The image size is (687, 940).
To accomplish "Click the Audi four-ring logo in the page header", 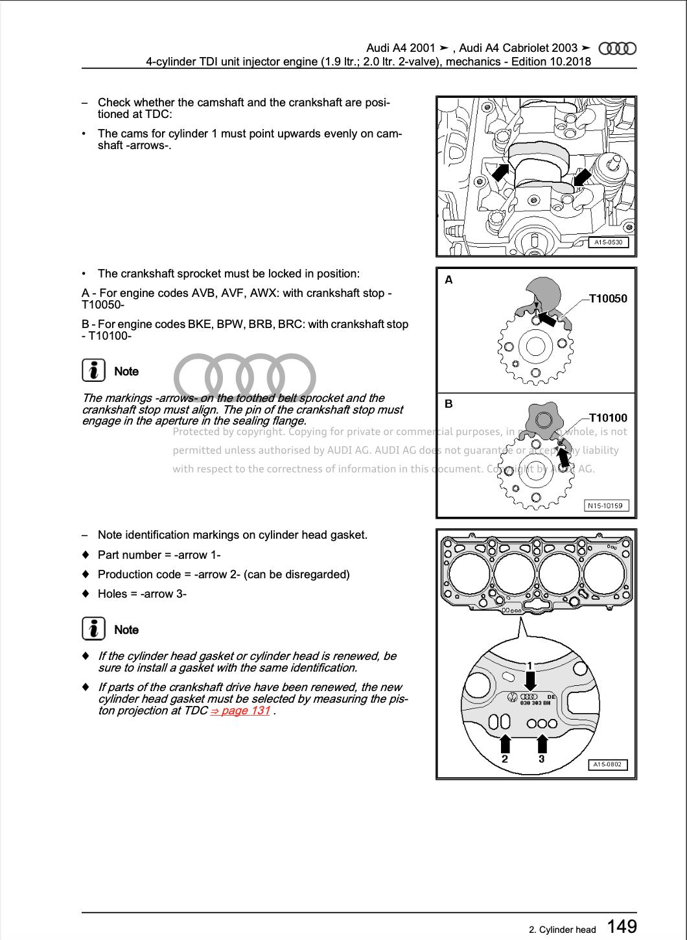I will [x=617, y=49].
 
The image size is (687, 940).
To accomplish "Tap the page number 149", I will [x=622, y=926].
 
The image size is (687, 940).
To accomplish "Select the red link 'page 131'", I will [x=240, y=711].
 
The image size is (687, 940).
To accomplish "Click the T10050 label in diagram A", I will [x=608, y=299].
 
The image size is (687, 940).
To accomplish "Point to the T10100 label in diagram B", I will [x=608, y=418].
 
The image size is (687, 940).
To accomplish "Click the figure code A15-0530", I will [x=608, y=243].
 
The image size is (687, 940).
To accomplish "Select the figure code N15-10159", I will [x=607, y=506].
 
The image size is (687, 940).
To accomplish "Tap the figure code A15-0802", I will [x=608, y=764].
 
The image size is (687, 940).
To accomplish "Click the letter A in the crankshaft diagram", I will [x=448, y=280].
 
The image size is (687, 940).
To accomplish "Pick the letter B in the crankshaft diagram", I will [x=448, y=404].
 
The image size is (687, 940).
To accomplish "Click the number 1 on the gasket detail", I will [x=530, y=666].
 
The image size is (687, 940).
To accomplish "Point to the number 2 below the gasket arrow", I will [x=505, y=759].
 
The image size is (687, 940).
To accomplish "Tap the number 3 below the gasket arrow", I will [x=542, y=759].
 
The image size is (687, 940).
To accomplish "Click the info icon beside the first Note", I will [x=94, y=371].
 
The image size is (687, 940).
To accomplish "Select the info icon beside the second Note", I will [x=94, y=629].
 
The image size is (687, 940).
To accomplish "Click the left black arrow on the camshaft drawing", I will [x=501, y=172].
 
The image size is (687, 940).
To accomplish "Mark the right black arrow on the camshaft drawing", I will [x=583, y=177].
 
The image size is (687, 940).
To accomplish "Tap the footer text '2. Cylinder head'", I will [x=562, y=930].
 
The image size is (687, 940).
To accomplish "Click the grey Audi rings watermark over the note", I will [x=245, y=377].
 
